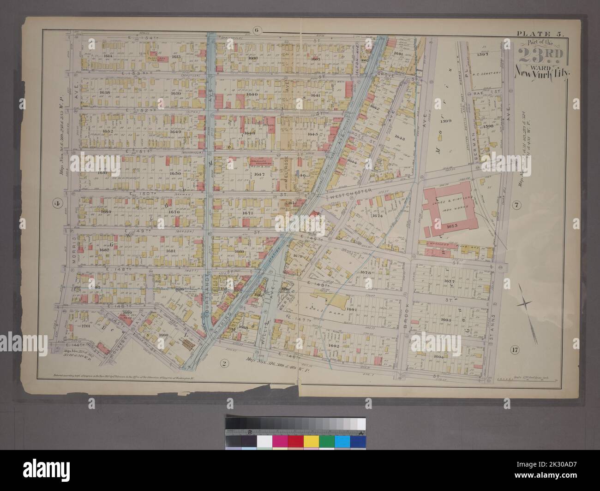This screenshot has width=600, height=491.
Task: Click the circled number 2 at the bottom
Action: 223,364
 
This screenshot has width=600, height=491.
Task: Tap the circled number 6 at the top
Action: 257,31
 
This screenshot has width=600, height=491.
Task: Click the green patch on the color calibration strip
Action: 327,442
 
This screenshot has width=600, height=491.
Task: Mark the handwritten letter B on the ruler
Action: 250,432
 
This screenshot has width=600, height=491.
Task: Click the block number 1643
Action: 400,138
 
